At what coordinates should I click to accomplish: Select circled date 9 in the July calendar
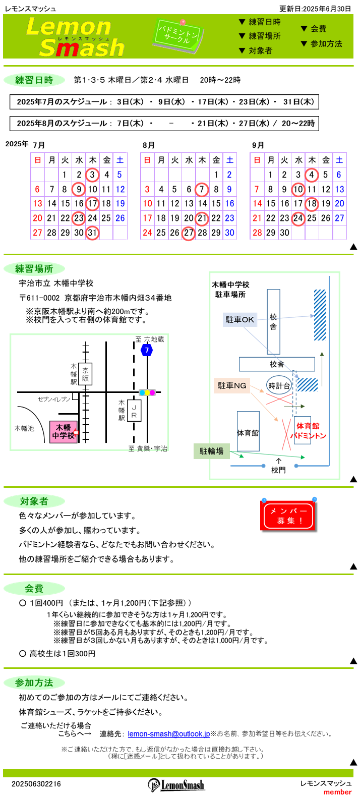79,189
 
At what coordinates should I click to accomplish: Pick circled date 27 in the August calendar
189,233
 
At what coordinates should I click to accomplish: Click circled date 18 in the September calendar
312,204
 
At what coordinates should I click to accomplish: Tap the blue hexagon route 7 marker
147,350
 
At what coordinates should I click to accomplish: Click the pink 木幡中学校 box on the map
64,432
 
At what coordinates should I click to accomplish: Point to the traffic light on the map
147,392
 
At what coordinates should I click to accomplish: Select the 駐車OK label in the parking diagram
240,320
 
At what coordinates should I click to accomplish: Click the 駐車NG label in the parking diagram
232,385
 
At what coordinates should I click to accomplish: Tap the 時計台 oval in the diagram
279,385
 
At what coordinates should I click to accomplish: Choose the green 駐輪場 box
212,451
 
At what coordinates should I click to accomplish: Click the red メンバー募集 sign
288,516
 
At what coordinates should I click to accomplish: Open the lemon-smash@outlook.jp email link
168,734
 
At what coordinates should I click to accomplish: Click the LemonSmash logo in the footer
176,785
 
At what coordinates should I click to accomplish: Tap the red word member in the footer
337,792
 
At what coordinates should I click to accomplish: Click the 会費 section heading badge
34,588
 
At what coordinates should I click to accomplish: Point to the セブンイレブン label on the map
54,399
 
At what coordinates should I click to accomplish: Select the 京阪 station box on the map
86,374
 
